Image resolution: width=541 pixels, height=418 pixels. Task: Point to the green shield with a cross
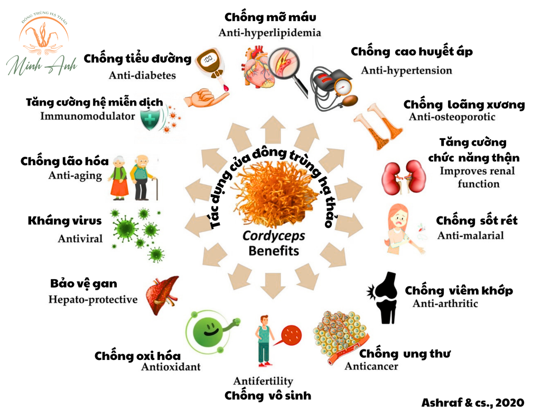click(152, 120)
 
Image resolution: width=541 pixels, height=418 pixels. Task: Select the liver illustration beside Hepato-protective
click(162, 295)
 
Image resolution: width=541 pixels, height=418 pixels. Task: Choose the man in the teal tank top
click(264, 340)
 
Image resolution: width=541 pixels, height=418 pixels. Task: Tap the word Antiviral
click(80, 239)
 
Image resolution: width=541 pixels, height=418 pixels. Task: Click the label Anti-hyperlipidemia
click(270, 33)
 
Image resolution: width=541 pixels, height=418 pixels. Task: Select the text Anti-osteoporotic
click(452, 117)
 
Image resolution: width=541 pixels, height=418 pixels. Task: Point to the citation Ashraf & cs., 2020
click(473, 402)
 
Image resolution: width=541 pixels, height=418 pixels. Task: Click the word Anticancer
click(371, 366)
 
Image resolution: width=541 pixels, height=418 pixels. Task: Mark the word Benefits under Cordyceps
click(274, 251)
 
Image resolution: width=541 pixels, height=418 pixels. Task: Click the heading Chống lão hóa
click(64, 161)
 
